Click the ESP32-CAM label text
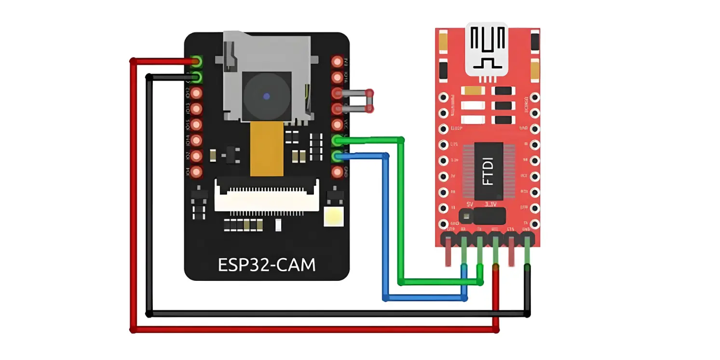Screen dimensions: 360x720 tap(267, 264)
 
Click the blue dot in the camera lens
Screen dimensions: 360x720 tap(266, 96)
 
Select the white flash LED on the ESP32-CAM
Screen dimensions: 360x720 tap(333, 217)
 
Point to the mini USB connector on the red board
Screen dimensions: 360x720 tap(487, 49)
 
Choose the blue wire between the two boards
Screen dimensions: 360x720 tap(385, 227)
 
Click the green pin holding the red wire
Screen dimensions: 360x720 tap(196, 61)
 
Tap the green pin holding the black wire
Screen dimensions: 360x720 tap(196, 77)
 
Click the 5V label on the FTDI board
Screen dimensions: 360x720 tap(471, 204)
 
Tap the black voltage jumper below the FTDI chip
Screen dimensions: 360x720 tap(482, 215)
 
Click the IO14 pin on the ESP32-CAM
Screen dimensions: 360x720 tap(196, 140)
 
